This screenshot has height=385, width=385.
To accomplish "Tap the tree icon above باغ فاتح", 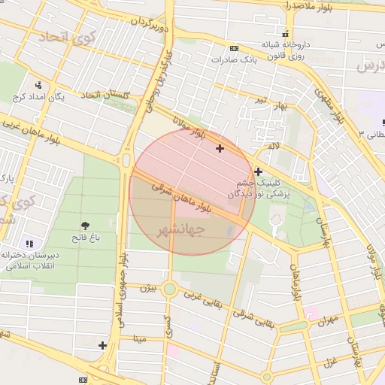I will click(84, 225).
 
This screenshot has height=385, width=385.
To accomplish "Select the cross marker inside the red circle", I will click(220, 148).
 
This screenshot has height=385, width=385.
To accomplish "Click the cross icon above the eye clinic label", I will click(259, 171).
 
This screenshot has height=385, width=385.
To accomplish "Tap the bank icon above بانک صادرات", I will click(233, 47).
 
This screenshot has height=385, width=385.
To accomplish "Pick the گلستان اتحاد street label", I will click(105, 94).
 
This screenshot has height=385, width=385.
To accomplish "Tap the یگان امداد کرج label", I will click(38, 97).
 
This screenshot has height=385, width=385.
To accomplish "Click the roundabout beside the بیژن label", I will click(170, 289).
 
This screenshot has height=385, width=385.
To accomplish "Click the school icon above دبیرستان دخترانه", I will click(29, 244).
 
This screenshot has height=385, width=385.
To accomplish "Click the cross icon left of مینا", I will click(103, 345).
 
